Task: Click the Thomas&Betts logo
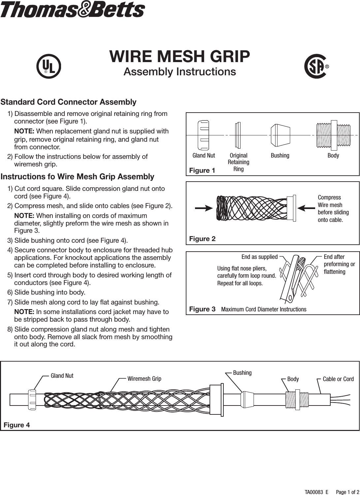point(72,10)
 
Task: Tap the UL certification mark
point(49,66)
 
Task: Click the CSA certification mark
point(315,66)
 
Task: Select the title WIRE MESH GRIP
point(180,56)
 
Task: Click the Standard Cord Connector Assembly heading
point(69,102)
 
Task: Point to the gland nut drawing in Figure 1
point(203,135)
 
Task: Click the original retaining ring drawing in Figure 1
point(237,135)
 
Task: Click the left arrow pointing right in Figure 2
point(204,208)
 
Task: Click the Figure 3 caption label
point(202,309)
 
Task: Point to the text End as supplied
point(259,257)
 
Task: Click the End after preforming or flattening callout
point(339,264)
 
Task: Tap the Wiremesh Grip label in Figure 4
point(144,379)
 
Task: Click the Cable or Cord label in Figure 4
point(338,379)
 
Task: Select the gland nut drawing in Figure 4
point(32,400)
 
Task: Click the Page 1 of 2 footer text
point(347,492)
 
